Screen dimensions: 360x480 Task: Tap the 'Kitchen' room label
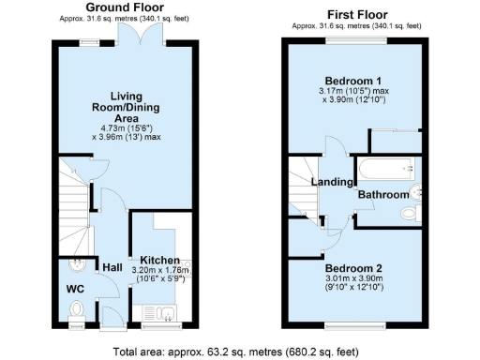coord(159,260)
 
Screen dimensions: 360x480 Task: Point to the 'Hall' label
coord(112,266)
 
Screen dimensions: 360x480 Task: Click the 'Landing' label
coord(331,182)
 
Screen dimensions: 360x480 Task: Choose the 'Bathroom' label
coord(382,194)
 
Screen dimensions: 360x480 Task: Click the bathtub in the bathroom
coord(385,169)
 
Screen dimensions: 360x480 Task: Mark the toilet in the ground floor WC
coord(78,309)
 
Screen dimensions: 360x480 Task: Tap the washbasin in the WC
coord(76,264)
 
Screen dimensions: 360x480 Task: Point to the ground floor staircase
coord(73,197)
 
